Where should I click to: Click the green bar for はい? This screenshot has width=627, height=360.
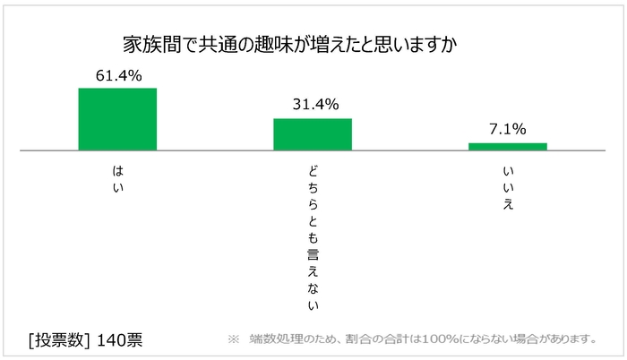pos(117,118)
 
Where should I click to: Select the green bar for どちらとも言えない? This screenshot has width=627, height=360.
pos(313,133)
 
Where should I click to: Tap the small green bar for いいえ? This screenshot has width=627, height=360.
pos(508,146)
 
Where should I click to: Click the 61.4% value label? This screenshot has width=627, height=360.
pos(117,75)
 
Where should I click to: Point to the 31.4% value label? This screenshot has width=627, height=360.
pos(313,105)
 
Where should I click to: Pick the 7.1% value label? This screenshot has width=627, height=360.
pos(508,129)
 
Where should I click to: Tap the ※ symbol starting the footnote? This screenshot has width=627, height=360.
pos(234,339)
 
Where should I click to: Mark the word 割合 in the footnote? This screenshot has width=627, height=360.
pos(356,339)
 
